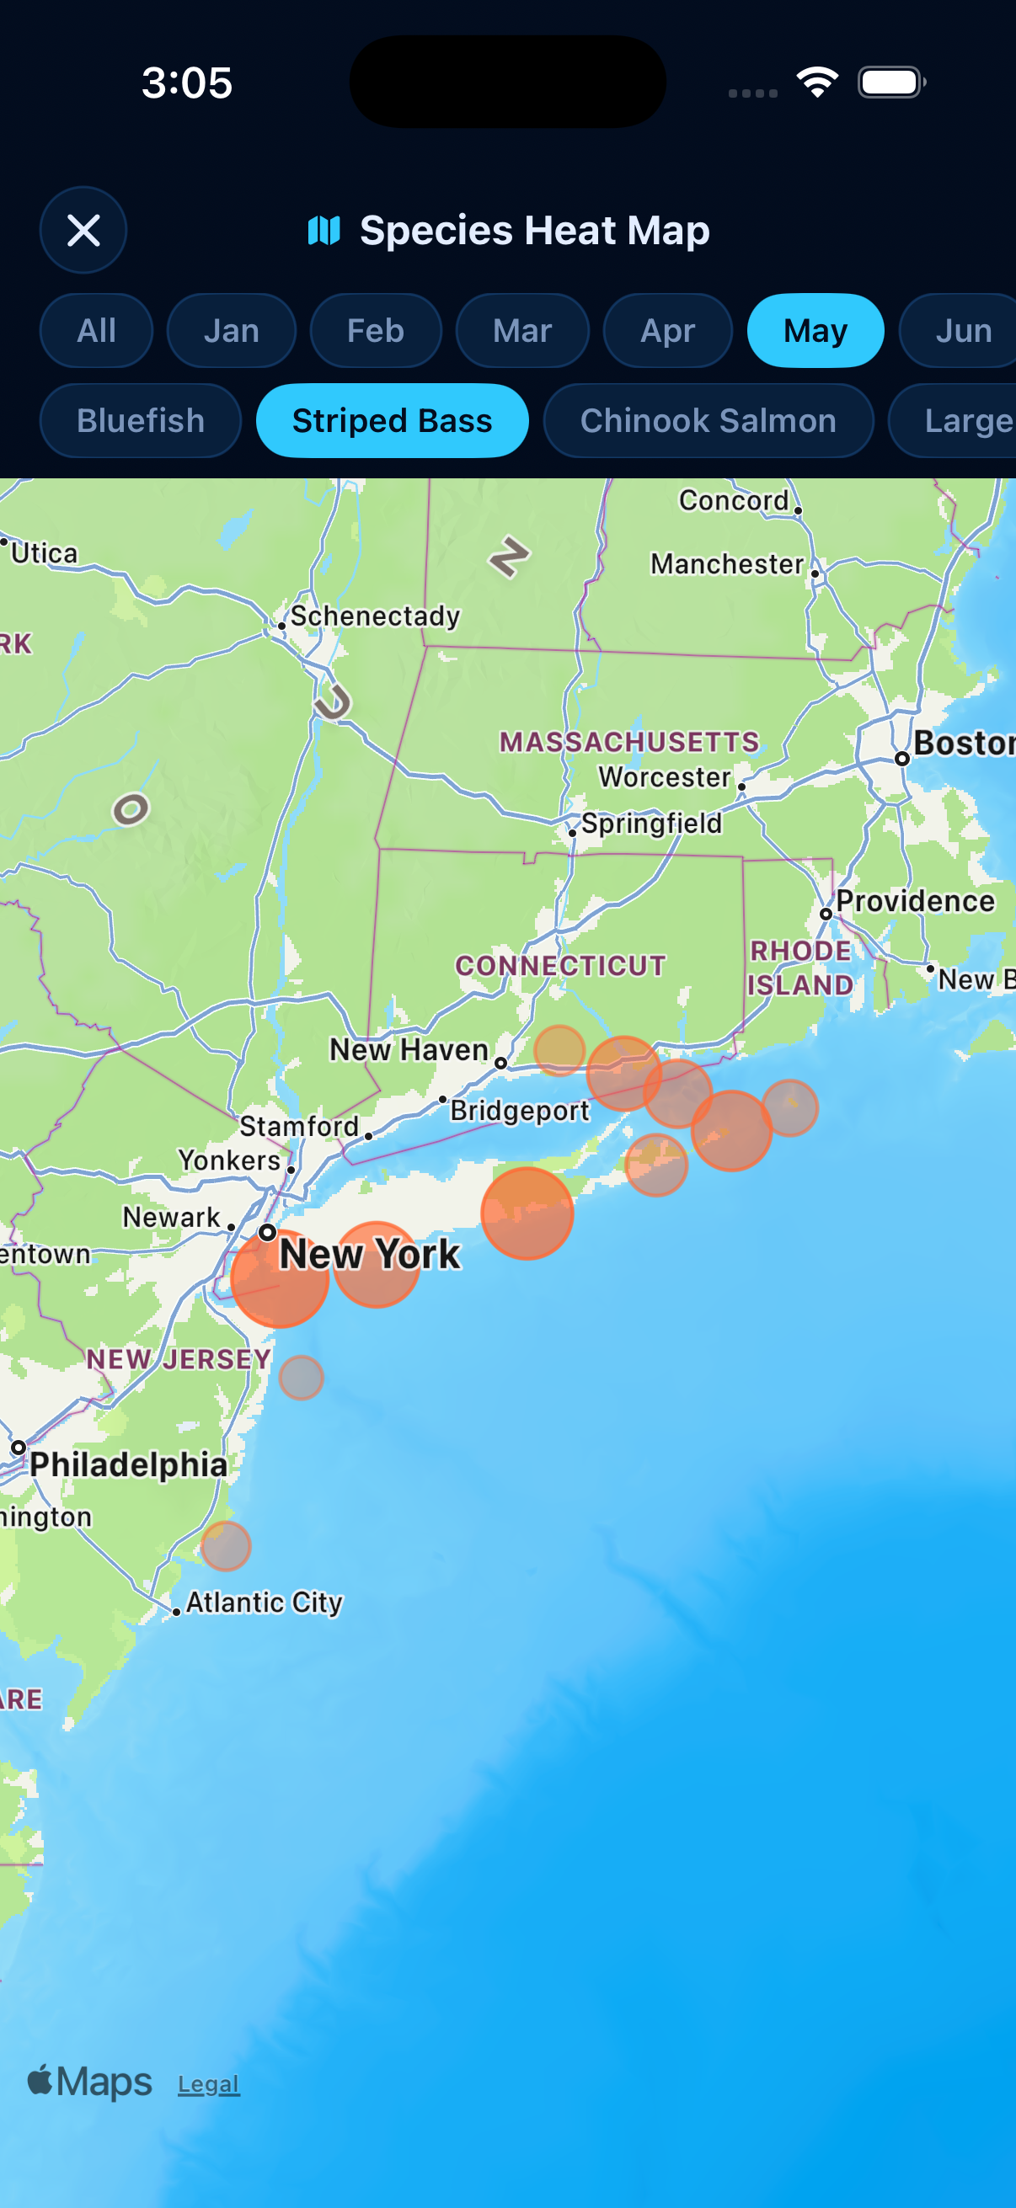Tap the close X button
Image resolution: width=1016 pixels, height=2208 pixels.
pos(83,230)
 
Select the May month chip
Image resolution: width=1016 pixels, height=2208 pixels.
pos(815,331)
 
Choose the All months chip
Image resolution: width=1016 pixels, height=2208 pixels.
pos(96,331)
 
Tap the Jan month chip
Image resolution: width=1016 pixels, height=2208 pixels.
pos(231,331)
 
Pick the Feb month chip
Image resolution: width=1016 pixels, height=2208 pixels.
pos(376,331)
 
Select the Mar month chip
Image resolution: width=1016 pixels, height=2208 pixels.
pos(522,331)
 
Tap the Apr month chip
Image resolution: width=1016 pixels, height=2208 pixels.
pos(667,331)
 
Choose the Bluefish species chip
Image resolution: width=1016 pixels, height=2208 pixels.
pos(141,421)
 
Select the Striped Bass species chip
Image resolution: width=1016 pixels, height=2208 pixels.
pos(392,421)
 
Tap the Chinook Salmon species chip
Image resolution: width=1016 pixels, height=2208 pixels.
pos(709,421)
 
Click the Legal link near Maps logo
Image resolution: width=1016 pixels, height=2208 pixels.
pos(208,2083)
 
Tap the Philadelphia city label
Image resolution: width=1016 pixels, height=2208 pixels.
pos(129,1464)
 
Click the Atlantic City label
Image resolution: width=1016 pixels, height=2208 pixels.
pos(264,1601)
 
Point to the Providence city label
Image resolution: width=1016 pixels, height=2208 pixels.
pos(915,901)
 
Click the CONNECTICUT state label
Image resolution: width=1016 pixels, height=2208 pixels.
pos(561,966)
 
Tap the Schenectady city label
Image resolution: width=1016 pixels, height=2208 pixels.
pos(375,616)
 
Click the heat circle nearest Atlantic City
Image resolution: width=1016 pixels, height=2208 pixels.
pos(226,1545)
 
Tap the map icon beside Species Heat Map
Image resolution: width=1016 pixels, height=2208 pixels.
pos(324,230)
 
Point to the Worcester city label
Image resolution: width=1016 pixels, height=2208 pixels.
pos(665,776)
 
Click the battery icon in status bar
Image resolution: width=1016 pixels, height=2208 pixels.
pos(890,83)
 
